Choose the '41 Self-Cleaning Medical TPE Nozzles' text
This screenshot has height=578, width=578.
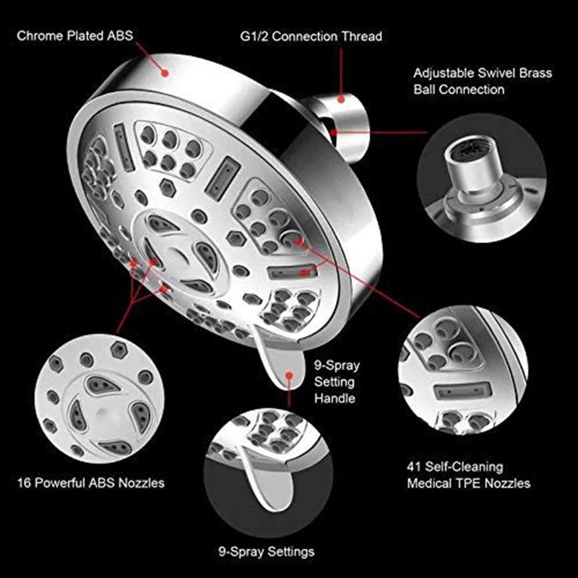467,475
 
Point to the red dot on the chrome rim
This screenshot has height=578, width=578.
166,71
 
